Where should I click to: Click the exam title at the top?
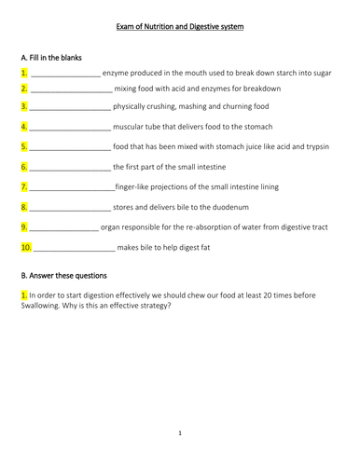coord(180,28)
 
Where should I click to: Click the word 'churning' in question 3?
coord(218,107)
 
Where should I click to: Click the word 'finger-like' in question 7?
coord(136,186)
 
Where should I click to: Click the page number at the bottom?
coord(180,432)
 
